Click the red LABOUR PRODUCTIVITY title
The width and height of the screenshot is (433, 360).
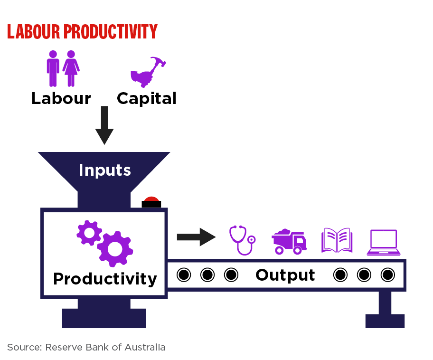(x=82, y=31)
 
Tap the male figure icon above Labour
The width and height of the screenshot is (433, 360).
(x=53, y=68)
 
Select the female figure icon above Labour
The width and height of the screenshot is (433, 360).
(x=71, y=68)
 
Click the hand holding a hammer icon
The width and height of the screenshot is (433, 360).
(x=148, y=72)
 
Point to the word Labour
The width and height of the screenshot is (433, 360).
(x=61, y=98)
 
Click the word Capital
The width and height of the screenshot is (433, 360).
(x=147, y=99)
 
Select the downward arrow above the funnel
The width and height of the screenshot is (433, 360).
(x=104, y=125)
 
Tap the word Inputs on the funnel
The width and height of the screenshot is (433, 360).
(x=104, y=170)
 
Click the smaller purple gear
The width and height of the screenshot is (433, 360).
(x=89, y=233)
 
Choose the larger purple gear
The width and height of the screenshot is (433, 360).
(x=115, y=249)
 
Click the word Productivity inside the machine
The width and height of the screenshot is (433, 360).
(x=105, y=279)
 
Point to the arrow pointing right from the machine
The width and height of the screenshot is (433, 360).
(x=197, y=237)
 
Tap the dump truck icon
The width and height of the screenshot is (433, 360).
(x=289, y=241)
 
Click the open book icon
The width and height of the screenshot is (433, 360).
(x=337, y=240)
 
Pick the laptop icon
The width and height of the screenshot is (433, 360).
(x=384, y=242)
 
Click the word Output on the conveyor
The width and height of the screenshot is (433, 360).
(x=285, y=275)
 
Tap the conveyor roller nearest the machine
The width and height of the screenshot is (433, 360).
(x=184, y=275)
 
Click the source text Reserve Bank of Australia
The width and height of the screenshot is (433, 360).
(x=105, y=347)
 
